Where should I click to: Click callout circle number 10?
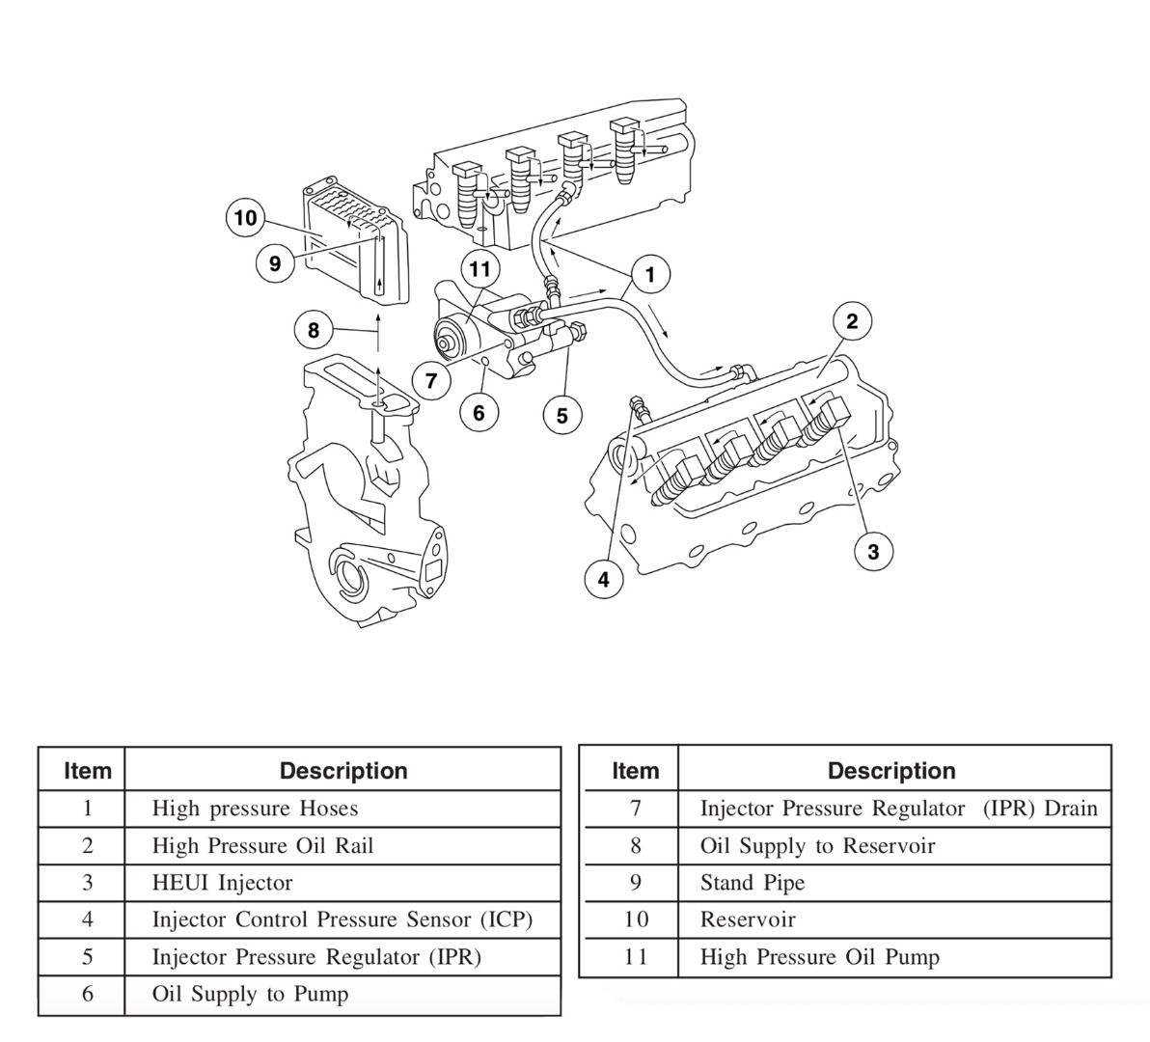point(245,218)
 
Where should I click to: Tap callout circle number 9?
point(275,262)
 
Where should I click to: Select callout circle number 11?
point(480,269)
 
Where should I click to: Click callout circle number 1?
point(650,275)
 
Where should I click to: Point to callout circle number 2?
point(852,321)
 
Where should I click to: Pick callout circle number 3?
point(873,551)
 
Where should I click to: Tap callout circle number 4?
point(604,579)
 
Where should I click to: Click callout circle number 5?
point(562,416)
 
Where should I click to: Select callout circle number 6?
point(479,413)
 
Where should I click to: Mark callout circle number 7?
point(431,380)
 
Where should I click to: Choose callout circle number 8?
point(314,331)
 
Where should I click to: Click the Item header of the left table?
point(87,771)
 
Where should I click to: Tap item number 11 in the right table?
point(635,957)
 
